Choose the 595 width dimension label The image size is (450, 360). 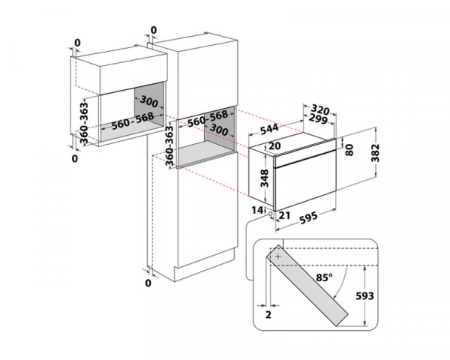click(310, 218)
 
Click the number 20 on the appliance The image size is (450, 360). click(273, 145)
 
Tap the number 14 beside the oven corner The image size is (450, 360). click(258, 210)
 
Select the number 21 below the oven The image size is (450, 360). click(283, 216)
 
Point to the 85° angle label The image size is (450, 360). click(324, 277)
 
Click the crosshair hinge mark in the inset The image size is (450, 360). click(278, 256)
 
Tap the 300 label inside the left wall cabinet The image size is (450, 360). click(149, 101)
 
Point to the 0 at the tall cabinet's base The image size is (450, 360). click(148, 283)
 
